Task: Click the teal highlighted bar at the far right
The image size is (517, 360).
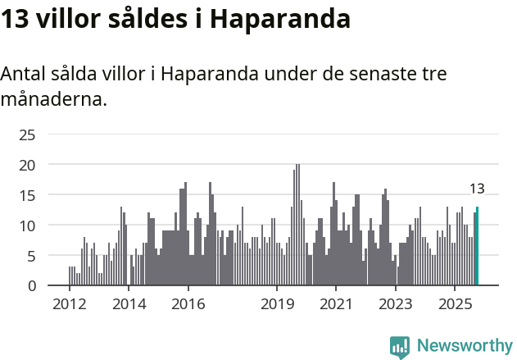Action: pos(477,246)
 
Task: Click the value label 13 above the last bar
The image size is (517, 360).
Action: pos(477,189)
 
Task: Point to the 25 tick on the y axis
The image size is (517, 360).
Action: pos(27,134)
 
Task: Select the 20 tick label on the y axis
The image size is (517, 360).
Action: pos(27,165)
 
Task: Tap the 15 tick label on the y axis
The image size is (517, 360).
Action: pos(27,195)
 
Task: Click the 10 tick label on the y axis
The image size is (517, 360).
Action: pos(27,226)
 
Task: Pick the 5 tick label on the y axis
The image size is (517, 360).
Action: pos(31,256)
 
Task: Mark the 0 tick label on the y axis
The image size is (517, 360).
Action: pos(31,285)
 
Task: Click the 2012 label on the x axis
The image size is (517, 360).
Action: pos(69,304)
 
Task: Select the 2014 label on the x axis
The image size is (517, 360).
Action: pos(129,304)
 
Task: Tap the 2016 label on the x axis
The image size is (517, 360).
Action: pos(188,304)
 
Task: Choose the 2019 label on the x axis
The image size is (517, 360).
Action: pos(277,304)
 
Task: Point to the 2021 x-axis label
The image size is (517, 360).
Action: pos(336,304)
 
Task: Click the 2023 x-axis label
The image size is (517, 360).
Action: pos(396,304)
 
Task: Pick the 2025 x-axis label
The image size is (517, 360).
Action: pos(455,304)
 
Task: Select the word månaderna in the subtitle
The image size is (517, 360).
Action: pos(53,100)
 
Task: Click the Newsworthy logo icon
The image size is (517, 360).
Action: pos(400,346)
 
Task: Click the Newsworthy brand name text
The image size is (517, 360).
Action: pos(464,346)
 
